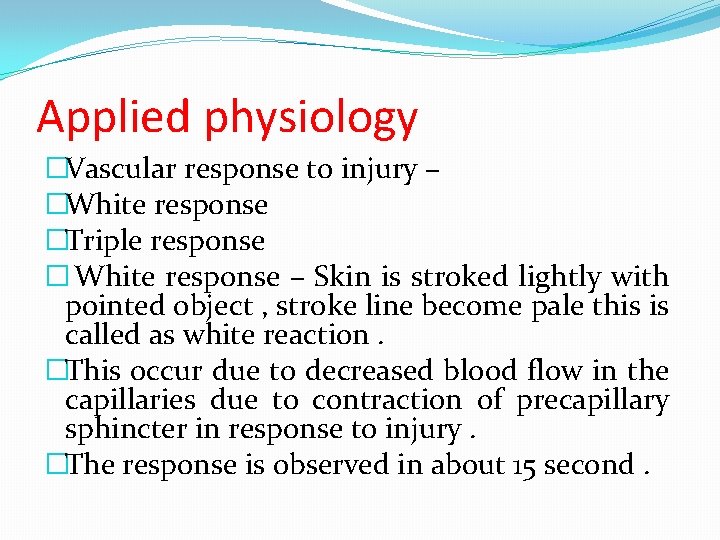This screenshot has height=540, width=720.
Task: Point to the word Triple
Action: (x=99, y=241)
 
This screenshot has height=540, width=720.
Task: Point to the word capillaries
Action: (x=131, y=401)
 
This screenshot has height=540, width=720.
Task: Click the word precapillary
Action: (x=592, y=401)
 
